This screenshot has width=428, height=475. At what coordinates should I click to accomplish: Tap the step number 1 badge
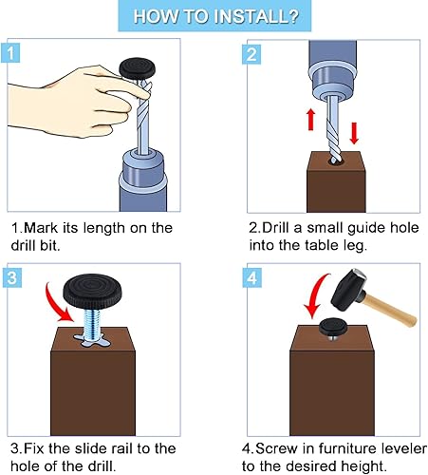coord(10,53)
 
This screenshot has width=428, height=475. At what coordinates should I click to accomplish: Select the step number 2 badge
coord(251,54)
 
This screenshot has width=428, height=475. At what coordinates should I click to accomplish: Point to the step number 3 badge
coord(12,277)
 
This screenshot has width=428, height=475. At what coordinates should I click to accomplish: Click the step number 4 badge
coord(252,277)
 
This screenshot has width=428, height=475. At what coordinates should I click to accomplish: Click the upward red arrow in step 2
coord(311,119)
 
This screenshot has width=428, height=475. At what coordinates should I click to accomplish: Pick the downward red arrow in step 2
coord(354,133)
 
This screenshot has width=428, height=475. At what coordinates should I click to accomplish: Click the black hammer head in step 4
coord(349,288)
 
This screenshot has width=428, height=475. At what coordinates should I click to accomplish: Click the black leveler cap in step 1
coord(138,66)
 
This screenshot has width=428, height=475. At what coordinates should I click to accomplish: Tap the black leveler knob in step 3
coord(93,292)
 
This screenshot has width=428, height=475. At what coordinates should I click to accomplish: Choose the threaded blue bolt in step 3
coord(92,324)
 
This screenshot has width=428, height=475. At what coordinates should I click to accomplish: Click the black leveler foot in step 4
coord(332,328)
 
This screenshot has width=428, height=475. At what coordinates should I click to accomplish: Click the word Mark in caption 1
coord(41,228)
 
